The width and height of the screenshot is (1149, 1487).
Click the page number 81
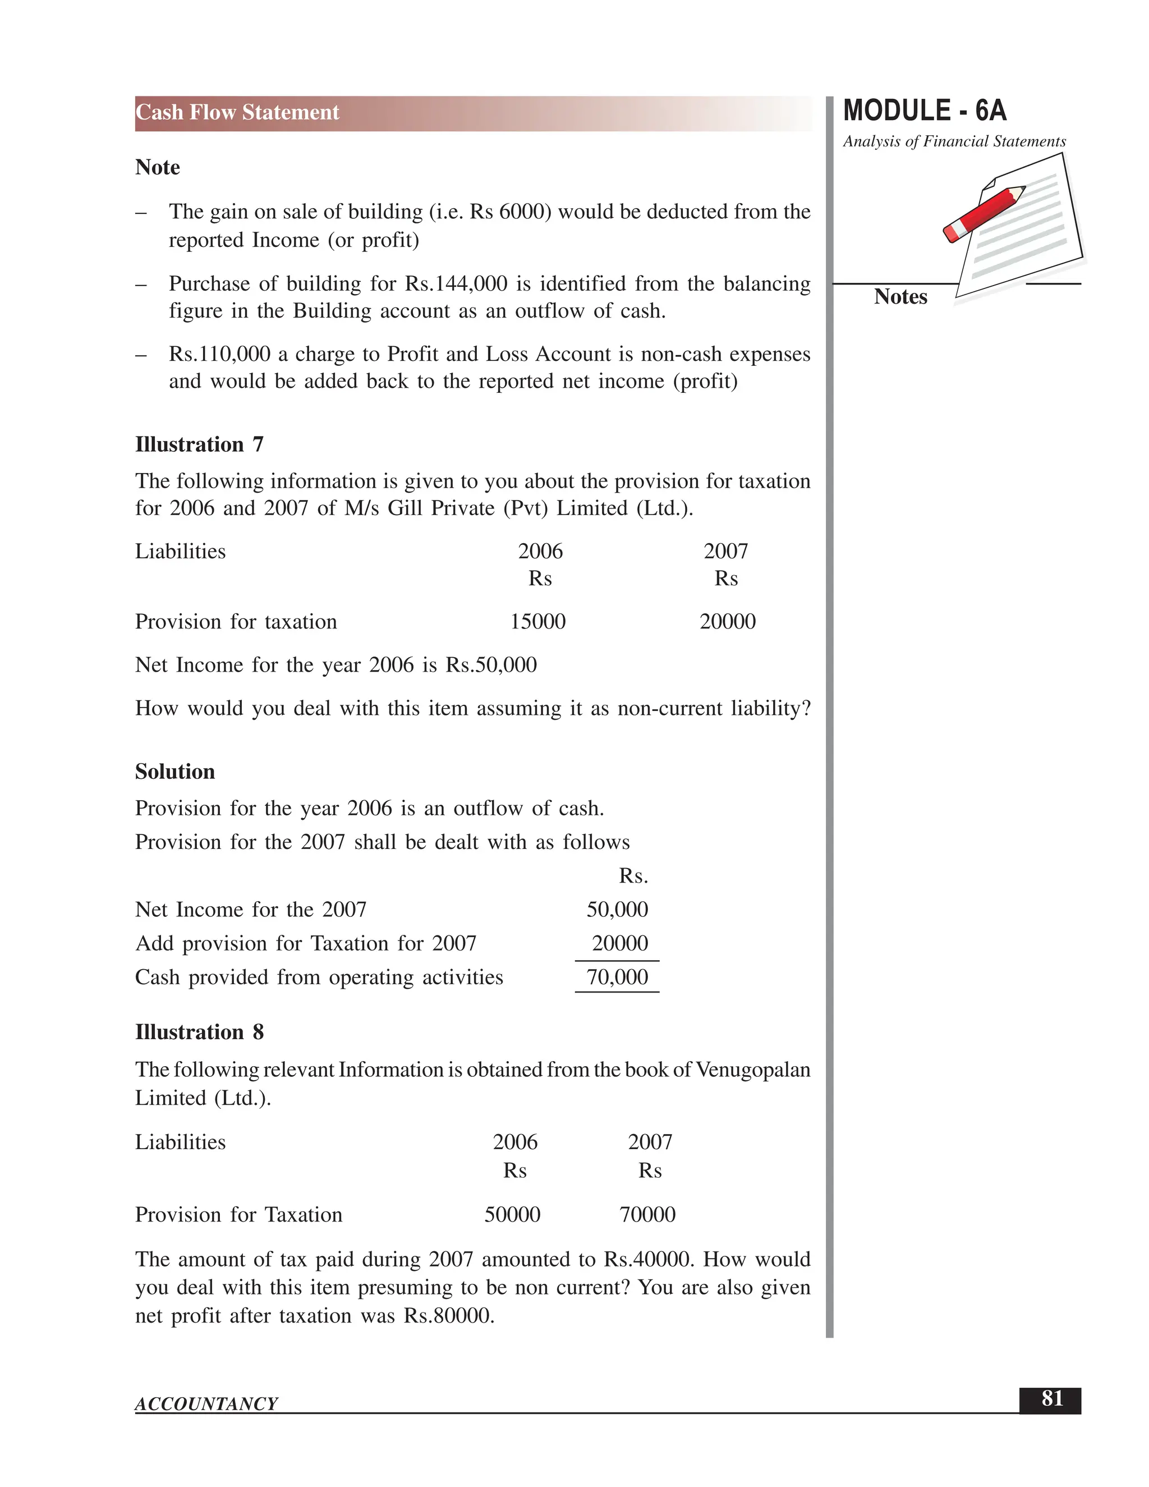click(1052, 1398)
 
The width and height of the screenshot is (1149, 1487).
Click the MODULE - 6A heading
click(925, 111)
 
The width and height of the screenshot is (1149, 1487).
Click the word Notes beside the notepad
click(900, 297)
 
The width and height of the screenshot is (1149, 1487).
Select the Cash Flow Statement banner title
click(237, 112)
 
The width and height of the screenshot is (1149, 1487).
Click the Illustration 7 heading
click(199, 444)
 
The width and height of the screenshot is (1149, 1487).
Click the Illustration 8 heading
click(199, 1032)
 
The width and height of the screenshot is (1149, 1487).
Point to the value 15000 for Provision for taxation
click(537, 622)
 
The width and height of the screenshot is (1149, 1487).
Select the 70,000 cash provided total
click(617, 977)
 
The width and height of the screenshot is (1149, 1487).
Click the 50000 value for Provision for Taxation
click(512, 1215)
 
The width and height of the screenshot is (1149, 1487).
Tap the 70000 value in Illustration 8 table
click(647, 1215)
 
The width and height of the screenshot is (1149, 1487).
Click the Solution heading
click(175, 772)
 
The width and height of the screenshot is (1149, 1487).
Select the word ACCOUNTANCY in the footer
click(206, 1404)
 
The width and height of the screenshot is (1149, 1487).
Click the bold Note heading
click(157, 167)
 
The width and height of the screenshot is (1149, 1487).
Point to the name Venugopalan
click(753, 1070)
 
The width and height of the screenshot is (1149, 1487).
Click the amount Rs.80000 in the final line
click(447, 1315)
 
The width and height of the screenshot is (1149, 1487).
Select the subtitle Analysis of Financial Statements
click(954, 141)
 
